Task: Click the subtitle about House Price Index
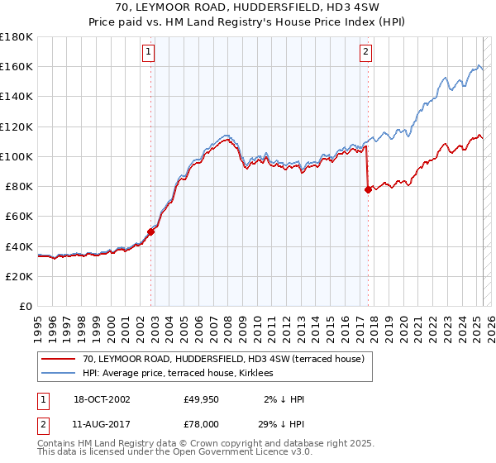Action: coord(248,22)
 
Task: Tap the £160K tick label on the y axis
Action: coord(17,67)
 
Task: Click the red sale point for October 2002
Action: coord(150,231)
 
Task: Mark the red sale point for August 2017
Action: coord(367,189)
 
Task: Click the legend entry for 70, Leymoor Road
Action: coord(228,359)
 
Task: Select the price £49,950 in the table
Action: coord(202,399)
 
